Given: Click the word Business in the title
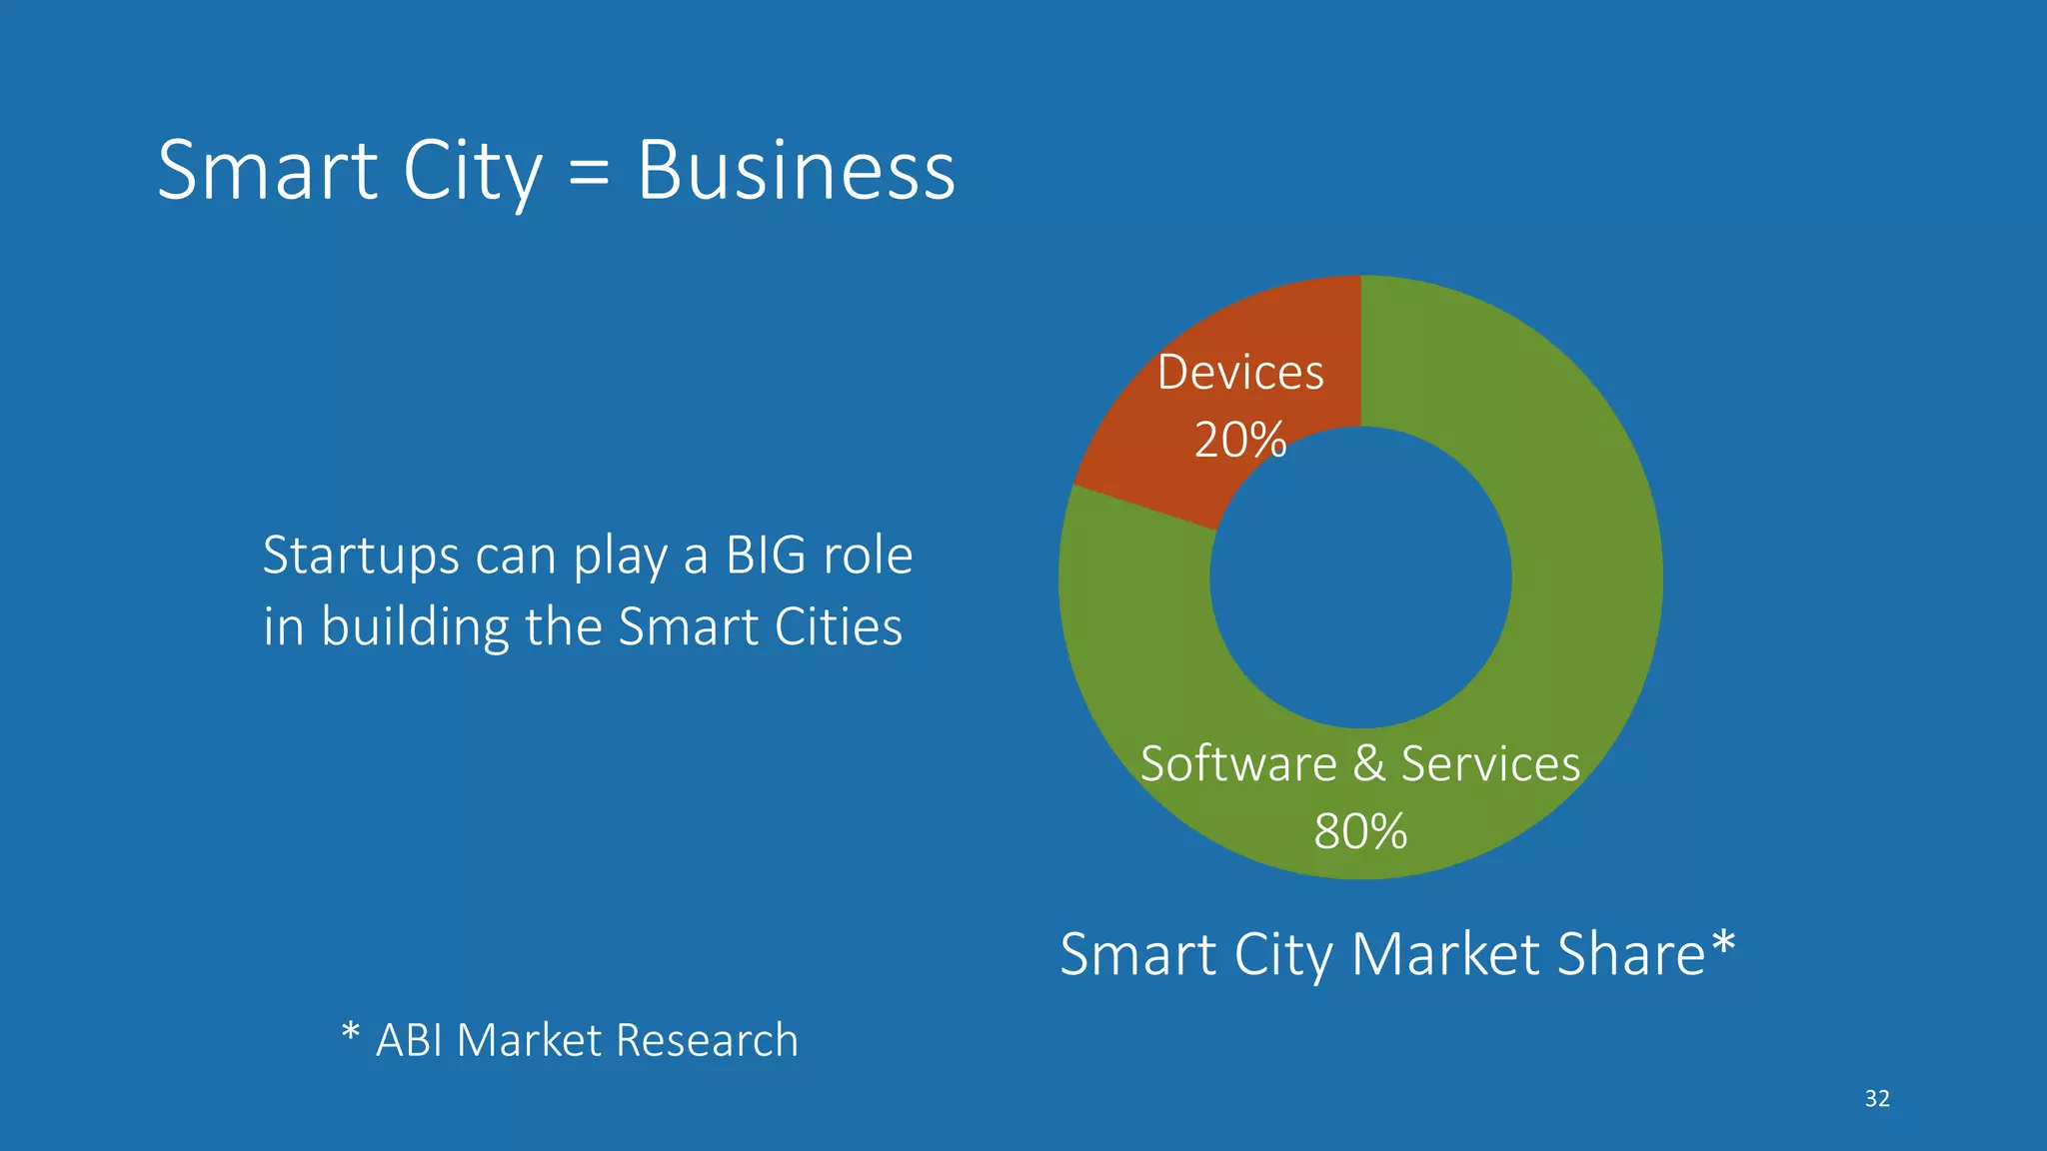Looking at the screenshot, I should [x=796, y=171].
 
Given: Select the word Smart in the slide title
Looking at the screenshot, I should [x=268, y=171].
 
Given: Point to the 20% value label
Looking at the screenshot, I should [x=1239, y=440].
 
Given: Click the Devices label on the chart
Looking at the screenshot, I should [x=1240, y=373].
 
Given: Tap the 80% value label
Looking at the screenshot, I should [x=1360, y=831].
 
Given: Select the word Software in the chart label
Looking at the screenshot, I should [x=1238, y=764].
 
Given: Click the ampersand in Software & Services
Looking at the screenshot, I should [x=1368, y=764].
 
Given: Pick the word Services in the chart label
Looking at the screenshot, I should [x=1490, y=764].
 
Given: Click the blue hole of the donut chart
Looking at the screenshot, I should [x=1360, y=577].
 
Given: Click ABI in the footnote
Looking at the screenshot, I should [x=409, y=1041].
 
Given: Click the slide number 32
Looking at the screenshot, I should [x=1877, y=1099].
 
